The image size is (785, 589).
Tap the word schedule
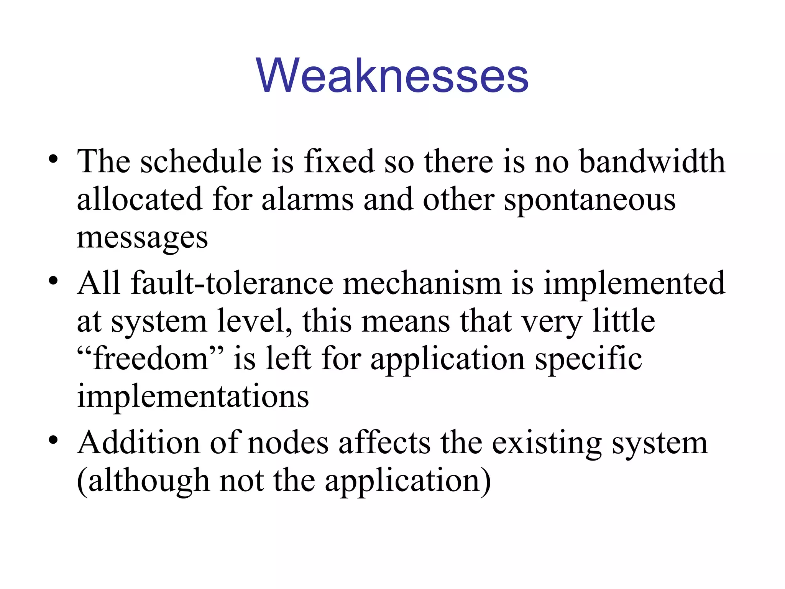[201, 161]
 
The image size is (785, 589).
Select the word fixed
[339, 161]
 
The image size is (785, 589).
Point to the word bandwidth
[652, 161]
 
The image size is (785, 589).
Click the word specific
[588, 360]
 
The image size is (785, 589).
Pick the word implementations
[193, 397]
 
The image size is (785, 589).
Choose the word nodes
[288, 443]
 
